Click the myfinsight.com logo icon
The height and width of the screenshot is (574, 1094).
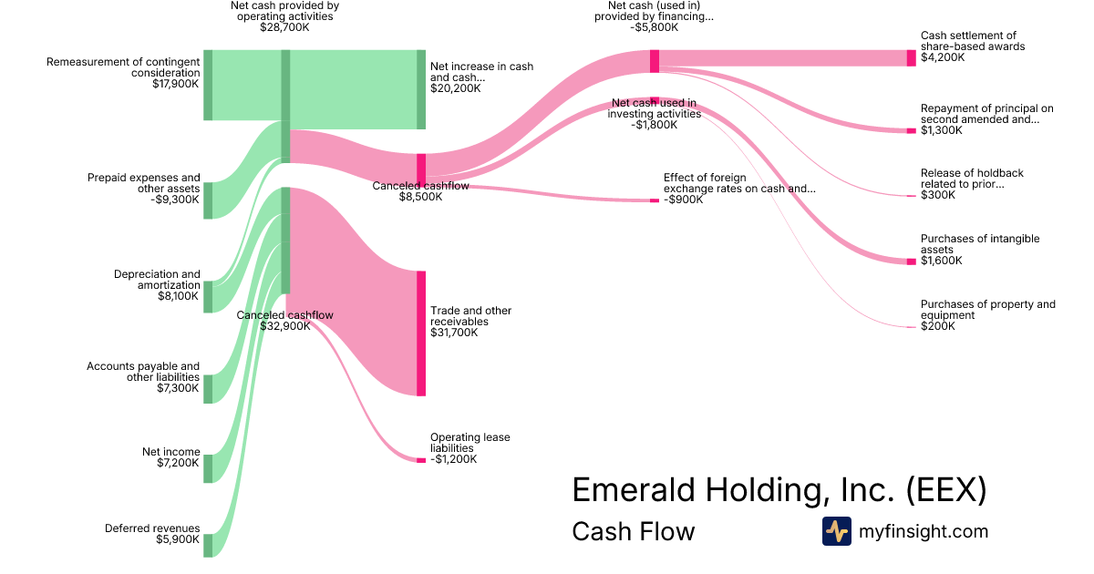point(837,531)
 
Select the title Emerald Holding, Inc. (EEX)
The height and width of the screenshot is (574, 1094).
point(779,489)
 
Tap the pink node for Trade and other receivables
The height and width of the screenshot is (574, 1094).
point(421,333)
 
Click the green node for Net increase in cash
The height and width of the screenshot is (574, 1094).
point(421,89)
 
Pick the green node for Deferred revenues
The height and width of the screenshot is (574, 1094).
point(208,546)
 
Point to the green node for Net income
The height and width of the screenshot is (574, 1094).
point(208,469)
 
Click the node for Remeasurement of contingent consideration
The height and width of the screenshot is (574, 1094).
point(208,85)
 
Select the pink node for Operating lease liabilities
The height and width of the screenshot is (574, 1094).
point(421,460)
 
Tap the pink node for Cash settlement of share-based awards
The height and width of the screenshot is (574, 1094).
point(912,58)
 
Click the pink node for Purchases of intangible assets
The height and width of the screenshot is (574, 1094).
point(912,262)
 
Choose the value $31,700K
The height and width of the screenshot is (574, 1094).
point(454,333)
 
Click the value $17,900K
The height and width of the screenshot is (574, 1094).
point(176,84)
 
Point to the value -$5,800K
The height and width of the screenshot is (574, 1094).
point(654,27)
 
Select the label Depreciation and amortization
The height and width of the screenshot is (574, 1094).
point(157,280)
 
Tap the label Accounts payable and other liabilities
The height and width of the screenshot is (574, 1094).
point(143,372)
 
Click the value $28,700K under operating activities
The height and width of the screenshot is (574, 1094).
point(284,27)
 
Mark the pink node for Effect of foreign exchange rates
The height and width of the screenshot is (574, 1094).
point(655,200)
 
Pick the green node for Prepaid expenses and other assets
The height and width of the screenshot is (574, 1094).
point(208,200)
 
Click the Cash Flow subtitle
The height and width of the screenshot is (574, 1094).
point(634,531)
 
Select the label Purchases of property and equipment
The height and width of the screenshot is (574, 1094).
point(988,310)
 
